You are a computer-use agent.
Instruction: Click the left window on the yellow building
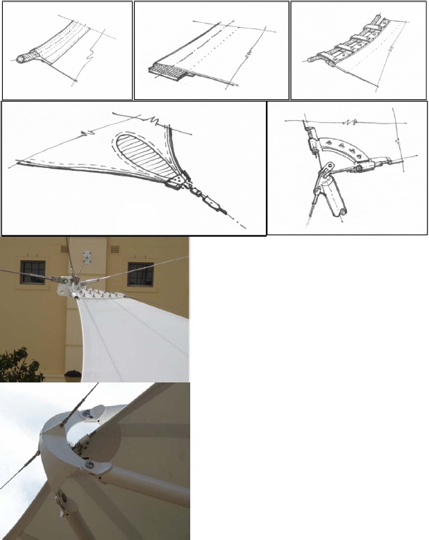point(33,272)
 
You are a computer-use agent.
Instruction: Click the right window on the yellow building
point(140,273)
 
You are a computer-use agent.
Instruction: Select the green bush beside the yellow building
point(19,365)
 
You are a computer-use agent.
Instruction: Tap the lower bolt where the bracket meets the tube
point(88,461)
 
